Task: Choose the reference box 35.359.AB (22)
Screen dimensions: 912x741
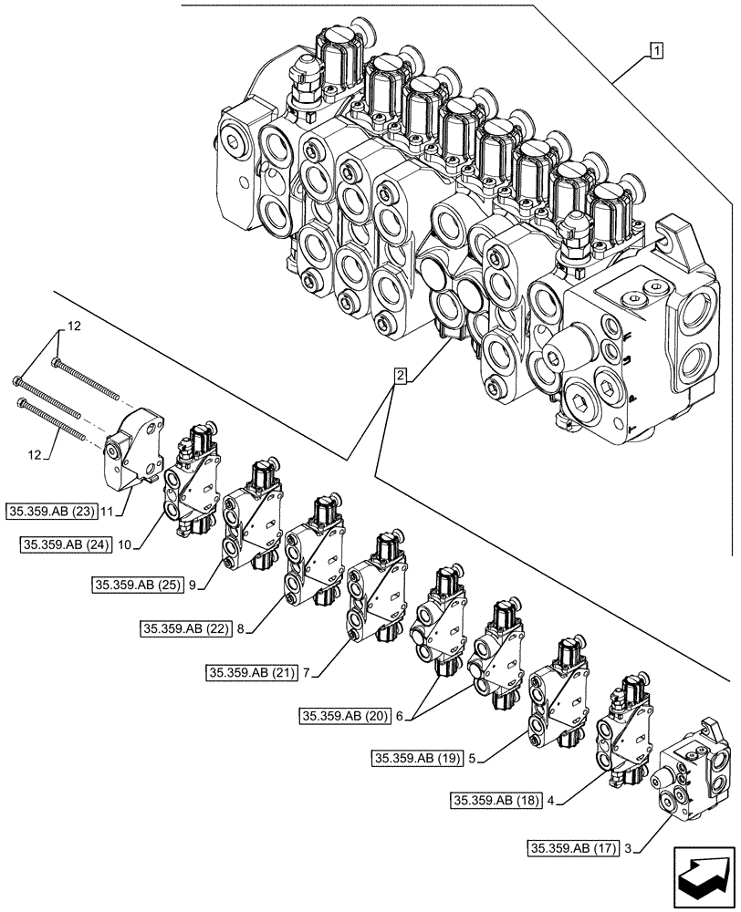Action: (x=185, y=627)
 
